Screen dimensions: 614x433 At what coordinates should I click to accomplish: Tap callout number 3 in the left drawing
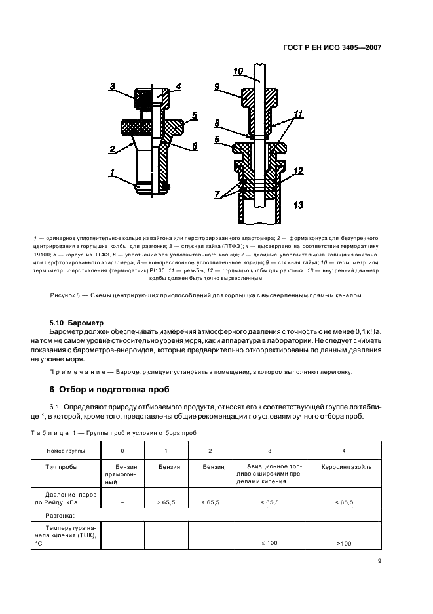[x=112, y=87]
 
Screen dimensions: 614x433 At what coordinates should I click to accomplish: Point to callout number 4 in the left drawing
[x=178, y=87]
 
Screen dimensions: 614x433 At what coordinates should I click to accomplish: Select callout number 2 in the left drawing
[x=112, y=150]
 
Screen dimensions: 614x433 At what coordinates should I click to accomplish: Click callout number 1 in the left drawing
[x=112, y=173]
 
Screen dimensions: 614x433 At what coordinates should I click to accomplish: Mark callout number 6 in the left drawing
[x=195, y=146]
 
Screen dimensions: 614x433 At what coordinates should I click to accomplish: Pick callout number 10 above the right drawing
[x=238, y=71]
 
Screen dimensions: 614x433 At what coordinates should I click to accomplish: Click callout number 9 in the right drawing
[x=216, y=87]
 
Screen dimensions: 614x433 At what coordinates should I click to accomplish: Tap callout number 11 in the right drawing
[x=299, y=114]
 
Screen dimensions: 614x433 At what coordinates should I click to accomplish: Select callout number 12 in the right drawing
[x=299, y=171]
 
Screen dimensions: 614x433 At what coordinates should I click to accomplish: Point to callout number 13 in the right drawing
[x=299, y=205]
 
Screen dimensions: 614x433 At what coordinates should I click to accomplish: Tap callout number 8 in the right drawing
[x=217, y=122]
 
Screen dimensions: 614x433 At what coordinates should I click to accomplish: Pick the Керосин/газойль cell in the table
[x=344, y=467]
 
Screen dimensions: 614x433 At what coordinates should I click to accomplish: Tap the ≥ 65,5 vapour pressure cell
[x=166, y=502]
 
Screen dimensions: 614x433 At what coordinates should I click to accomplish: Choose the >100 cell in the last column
[x=344, y=544]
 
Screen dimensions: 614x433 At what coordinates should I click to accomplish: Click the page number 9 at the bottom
[x=379, y=561]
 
